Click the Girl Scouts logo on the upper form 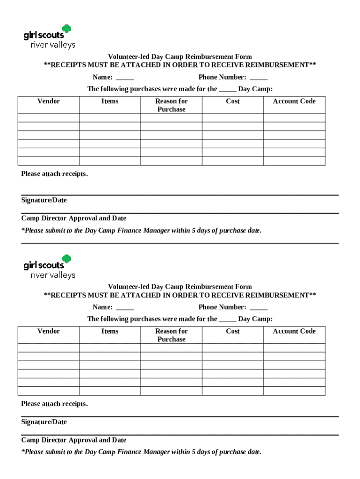coord(49,36)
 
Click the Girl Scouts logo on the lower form coord(49,267)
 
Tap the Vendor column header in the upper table coord(49,101)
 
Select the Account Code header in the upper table coord(294,101)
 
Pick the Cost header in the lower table coord(232,331)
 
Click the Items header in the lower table coord(110,331)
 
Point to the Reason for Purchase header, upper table coord(171,105)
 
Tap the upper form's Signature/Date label coord(44,200)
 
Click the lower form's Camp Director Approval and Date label coord(73,440)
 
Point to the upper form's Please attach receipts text coord(54,174)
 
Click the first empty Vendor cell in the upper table coord(49,118)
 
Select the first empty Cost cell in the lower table coord(232,348)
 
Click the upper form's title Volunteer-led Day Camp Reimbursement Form coord(180,57)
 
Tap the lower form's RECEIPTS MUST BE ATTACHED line coord(180,295)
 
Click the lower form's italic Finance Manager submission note coord(141,452)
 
